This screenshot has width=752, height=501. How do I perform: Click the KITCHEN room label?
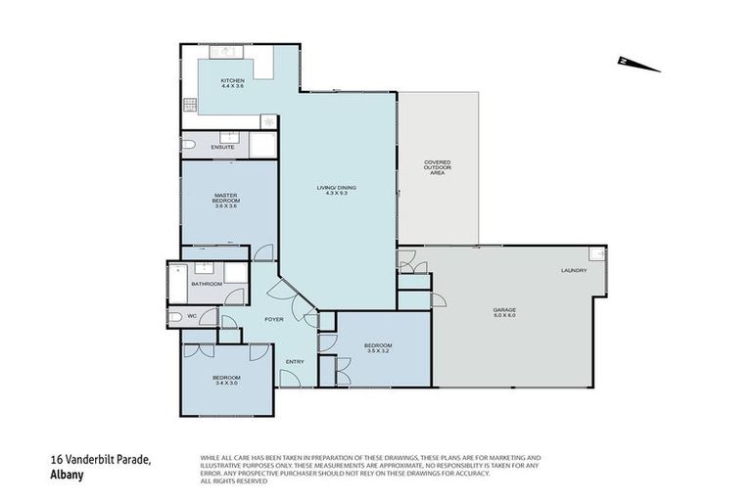[231, 80]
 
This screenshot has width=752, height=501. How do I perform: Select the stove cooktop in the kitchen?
[187, 106]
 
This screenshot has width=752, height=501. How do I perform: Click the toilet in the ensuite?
[189, 146]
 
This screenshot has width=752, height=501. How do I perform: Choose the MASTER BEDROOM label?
[226, 200]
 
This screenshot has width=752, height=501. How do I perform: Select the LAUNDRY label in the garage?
[574, 270]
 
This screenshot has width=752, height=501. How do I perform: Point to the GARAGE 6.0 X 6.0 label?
[503, 313]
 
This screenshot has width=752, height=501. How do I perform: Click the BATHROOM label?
[207, 284]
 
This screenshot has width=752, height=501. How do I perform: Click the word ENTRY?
[294, 362]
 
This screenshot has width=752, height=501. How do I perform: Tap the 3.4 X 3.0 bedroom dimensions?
[226, 383]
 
